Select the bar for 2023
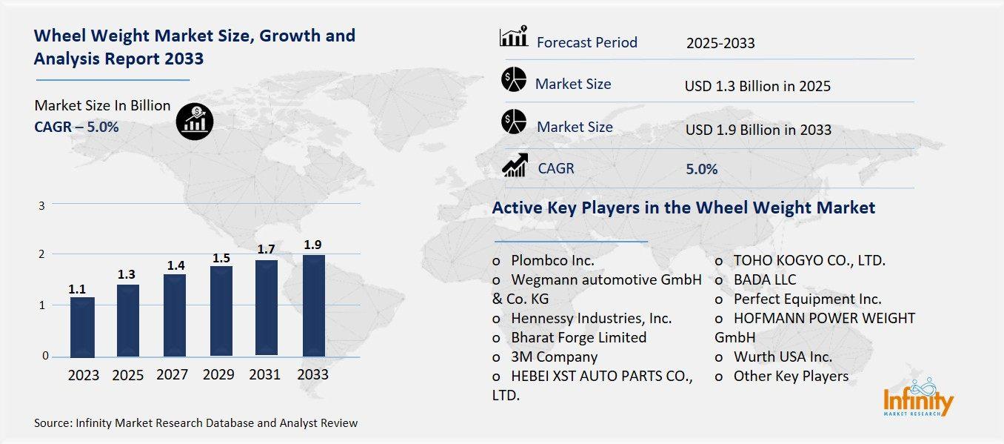tap(82, 326)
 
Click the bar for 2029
tap(221, 310)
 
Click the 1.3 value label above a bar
tap(127, 274)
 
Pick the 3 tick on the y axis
tap(43, 205)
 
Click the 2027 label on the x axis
tap(173, 375)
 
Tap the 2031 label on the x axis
tap(265, 375)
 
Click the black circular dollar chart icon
tap(195, 121)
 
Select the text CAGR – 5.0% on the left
tap(76, 127)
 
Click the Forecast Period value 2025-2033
tap(720, 43)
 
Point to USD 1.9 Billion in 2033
tap(758, 130)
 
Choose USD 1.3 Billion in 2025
tap(757, 87)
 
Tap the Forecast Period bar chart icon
tap(513, 36)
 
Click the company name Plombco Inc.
tap(552, 261)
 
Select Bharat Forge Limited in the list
tap(578, 337)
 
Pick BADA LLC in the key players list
tap(765, 280)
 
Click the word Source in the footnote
tap(52, 423)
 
